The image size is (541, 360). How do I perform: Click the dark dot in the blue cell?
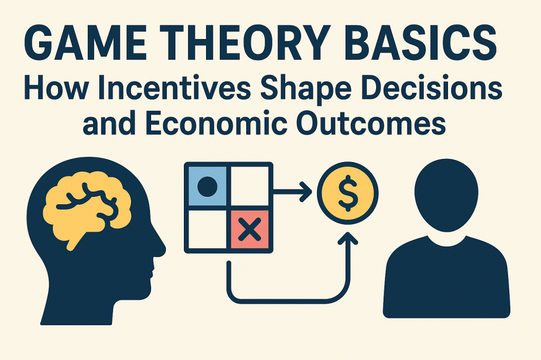tap(207, 186)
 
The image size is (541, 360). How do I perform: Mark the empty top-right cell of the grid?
tap(250, 186)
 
